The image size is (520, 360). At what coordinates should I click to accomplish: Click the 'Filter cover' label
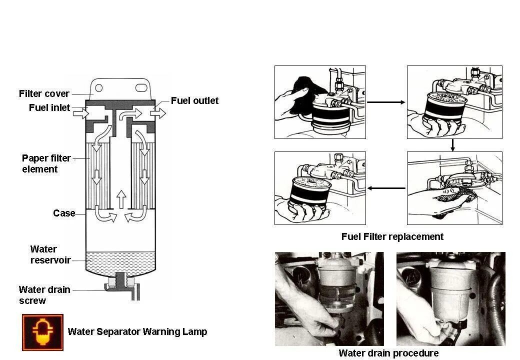click(x=44, y=93)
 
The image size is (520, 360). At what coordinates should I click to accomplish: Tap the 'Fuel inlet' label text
click(x=49, y=107)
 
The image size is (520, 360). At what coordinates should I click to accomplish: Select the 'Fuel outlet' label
click(x=194, y=100)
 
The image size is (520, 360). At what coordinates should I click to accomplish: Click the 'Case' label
click(x=64, y=213)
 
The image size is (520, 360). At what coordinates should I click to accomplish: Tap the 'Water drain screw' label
click(x=44, y=295)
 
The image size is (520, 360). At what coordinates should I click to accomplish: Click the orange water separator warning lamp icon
click(x=42, y=332)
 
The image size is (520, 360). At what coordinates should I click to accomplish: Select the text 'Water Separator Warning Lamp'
click(x=137, y=331)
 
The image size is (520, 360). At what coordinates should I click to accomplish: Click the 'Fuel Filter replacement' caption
click(x=392, y=236)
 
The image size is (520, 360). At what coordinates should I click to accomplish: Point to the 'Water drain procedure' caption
click(x=388, y=353)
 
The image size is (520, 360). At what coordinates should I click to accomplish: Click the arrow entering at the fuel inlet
click(x=80, y=114)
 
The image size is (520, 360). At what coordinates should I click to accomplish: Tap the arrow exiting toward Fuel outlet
click(x=157, y=113)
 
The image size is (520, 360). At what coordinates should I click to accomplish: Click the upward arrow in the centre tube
click(x=120, y=198)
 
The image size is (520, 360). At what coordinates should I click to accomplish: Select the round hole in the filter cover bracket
click(x=99, y=88)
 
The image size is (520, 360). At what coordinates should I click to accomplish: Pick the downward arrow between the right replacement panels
click(x=452, y=145)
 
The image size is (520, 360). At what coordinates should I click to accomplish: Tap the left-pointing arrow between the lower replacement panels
click(x=386, y=188)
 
